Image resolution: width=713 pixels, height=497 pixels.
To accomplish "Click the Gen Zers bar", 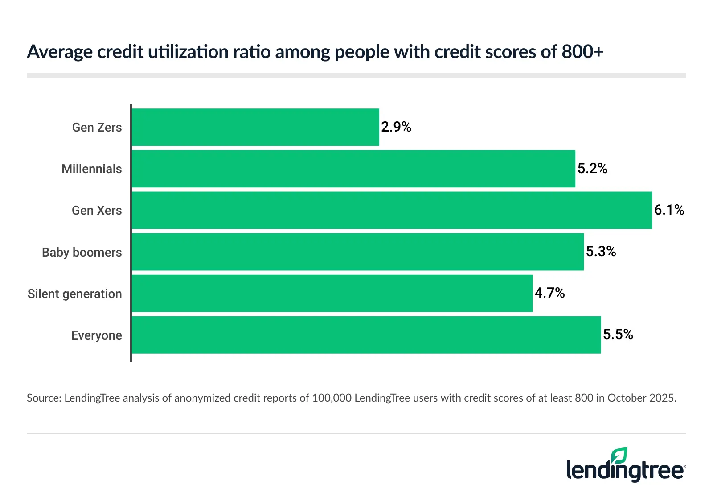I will point(255,127).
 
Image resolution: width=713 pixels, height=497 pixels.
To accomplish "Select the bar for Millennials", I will point(353,169).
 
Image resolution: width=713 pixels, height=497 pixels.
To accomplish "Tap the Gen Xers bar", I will point(392,210).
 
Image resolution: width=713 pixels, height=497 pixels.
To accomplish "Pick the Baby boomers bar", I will point(357,252).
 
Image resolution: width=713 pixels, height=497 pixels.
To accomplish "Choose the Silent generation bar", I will point(332,293).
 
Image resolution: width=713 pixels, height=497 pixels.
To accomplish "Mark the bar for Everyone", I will point(366,335).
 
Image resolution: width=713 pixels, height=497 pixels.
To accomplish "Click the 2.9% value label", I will point(396,127).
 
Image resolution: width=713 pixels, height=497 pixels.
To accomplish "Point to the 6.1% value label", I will point(669,210).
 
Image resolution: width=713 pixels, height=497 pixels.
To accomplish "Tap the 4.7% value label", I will point(549,293).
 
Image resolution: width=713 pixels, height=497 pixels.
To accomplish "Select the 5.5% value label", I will point(618,335).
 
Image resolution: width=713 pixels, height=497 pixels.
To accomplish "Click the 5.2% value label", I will point(593,169).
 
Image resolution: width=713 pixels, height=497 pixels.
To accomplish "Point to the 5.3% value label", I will point(601,252).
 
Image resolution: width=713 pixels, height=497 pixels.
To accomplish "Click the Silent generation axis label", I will point(74,294).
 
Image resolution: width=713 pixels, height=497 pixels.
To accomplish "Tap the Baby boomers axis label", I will point(82,252).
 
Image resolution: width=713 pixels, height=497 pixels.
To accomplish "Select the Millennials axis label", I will point(91,169).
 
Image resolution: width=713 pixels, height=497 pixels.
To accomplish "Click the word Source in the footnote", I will point(43,398).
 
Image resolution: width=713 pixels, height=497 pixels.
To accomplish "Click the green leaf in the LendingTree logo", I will point(619,456).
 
